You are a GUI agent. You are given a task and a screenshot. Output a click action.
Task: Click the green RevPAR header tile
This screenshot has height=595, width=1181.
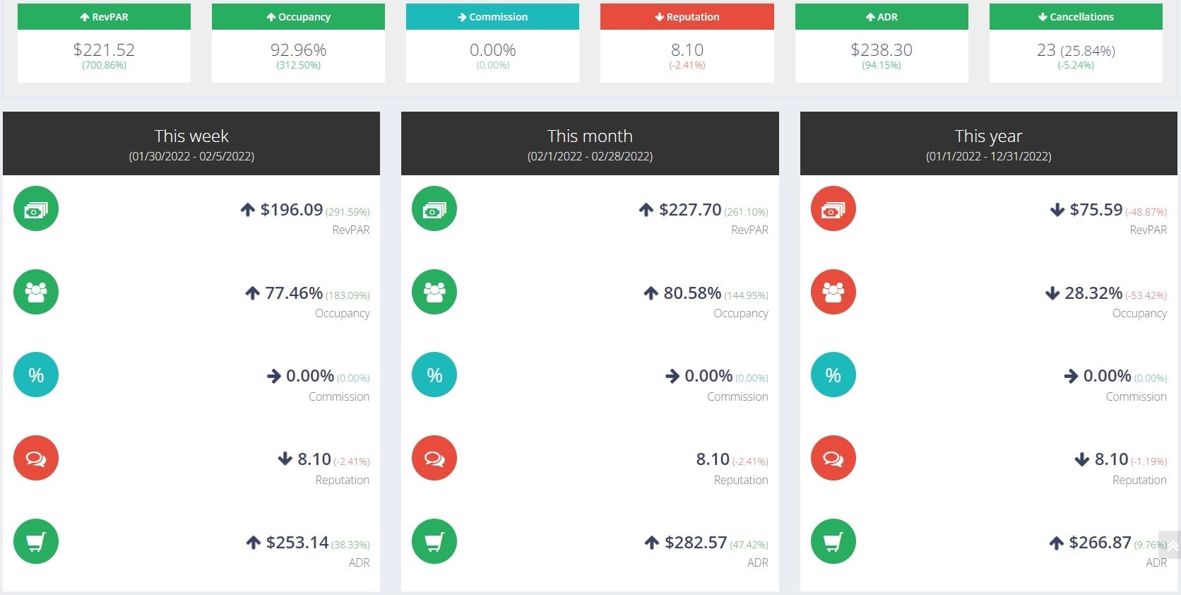tap(104, 17)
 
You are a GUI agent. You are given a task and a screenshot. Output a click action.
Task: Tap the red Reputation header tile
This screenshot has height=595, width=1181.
tap(687, 17)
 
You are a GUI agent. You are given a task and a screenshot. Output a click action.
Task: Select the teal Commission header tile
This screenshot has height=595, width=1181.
tap(492, 17)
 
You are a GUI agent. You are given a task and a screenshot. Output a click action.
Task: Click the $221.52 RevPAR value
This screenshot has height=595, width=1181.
tap(104, 49)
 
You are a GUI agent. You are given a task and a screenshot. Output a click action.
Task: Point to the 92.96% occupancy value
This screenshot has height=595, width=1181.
tap(298, 49)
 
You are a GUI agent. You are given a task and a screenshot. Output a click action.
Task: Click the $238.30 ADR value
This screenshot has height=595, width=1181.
tap(881, 49)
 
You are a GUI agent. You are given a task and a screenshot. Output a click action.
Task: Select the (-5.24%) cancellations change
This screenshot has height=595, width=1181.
tap(1075, 65)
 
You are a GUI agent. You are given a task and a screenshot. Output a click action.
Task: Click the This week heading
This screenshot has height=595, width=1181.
tap(191, 136)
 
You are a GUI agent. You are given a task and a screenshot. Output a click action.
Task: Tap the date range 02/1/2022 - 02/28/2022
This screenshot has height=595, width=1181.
tap(590, 156)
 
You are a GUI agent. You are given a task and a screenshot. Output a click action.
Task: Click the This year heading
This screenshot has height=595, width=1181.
tap(988, 136)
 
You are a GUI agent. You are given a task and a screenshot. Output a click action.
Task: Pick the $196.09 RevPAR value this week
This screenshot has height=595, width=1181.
tap(291, 210)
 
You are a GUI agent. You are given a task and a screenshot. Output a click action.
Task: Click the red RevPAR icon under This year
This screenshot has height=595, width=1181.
tap(833, 208)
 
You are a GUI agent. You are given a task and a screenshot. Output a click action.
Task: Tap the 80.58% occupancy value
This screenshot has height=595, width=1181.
tap(692, 293)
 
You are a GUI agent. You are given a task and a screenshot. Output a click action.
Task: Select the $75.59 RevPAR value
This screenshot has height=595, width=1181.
tap(1096, 210)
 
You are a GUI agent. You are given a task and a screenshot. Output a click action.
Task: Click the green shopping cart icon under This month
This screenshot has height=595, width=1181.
tap(434, 541)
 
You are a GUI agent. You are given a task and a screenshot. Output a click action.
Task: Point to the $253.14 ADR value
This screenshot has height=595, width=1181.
tap(297, 543)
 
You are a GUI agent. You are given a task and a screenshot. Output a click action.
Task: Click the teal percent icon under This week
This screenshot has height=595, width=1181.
tap(36, 375)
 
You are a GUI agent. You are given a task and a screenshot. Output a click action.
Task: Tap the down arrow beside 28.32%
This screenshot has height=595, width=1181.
tap(1052, 293)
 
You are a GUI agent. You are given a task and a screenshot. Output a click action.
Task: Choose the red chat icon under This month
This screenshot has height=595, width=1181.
tap(434, 458)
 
